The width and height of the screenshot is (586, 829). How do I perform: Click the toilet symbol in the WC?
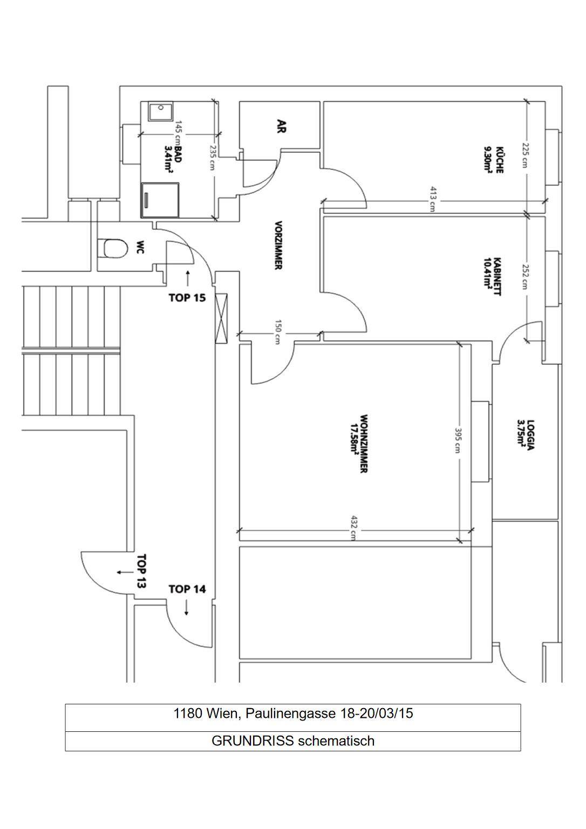113,249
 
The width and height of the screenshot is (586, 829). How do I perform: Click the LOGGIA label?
526,435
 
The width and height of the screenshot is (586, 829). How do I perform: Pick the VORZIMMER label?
278,245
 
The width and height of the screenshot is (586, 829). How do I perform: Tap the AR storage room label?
281,126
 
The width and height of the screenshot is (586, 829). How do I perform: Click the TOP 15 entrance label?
187,297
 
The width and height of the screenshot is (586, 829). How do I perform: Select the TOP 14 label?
187,589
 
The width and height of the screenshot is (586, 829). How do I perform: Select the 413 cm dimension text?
432,199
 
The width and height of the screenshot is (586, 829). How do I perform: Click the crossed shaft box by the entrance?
221,317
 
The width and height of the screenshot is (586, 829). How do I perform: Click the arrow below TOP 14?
187,608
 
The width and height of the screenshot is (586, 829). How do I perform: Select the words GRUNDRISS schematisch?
292,741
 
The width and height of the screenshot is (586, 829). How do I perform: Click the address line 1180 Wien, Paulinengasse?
292,714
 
